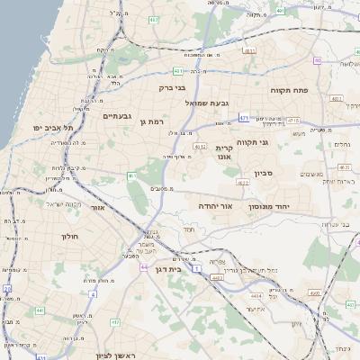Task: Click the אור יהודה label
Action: coord(216,206)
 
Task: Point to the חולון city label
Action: coord(70,236)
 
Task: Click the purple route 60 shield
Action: coord(319,60)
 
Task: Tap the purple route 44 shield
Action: coord(144,267)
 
